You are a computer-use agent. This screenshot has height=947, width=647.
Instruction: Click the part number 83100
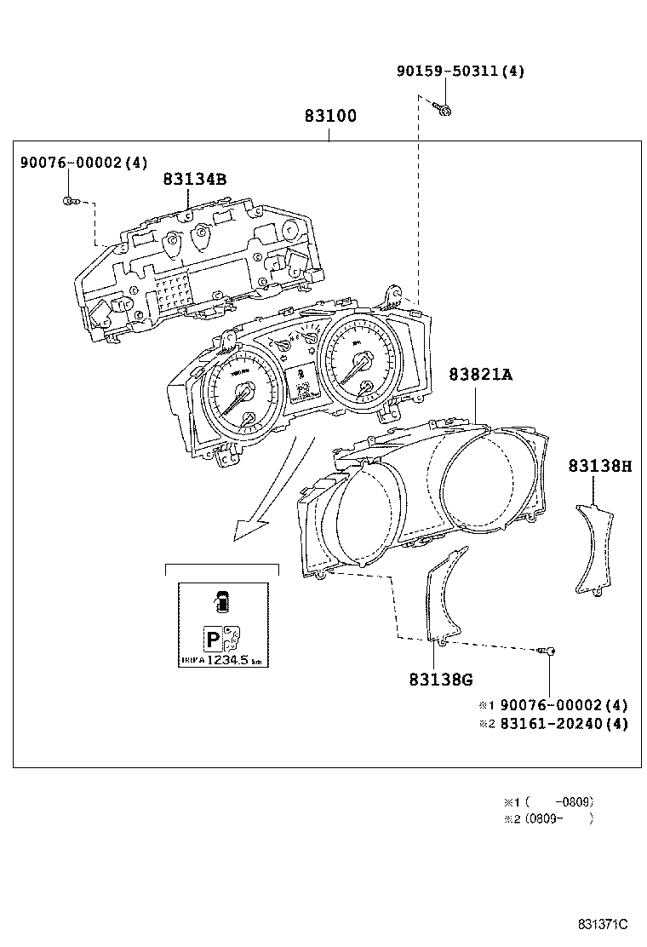(x=330, y=117)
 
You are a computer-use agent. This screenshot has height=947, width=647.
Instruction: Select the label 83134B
(x=195, y=180)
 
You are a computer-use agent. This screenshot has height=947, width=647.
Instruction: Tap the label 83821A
(x=481, y=374)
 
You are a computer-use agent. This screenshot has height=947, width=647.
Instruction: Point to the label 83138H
(x=600, y=466)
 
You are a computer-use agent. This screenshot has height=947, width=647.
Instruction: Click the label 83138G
(x=440, y=680)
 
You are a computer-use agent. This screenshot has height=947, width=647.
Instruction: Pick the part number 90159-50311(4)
(x=461, y=72)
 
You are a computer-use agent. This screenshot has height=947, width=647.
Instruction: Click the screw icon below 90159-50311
(x=443, y=108)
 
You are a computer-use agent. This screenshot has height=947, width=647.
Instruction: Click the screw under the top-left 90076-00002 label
(x=69, y=201)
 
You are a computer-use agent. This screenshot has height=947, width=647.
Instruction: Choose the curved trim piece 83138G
(x=444, y=596)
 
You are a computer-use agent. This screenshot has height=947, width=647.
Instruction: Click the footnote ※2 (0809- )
(x=549, y=818)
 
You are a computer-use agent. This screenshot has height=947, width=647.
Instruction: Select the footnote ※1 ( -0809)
(x=549, y=801)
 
